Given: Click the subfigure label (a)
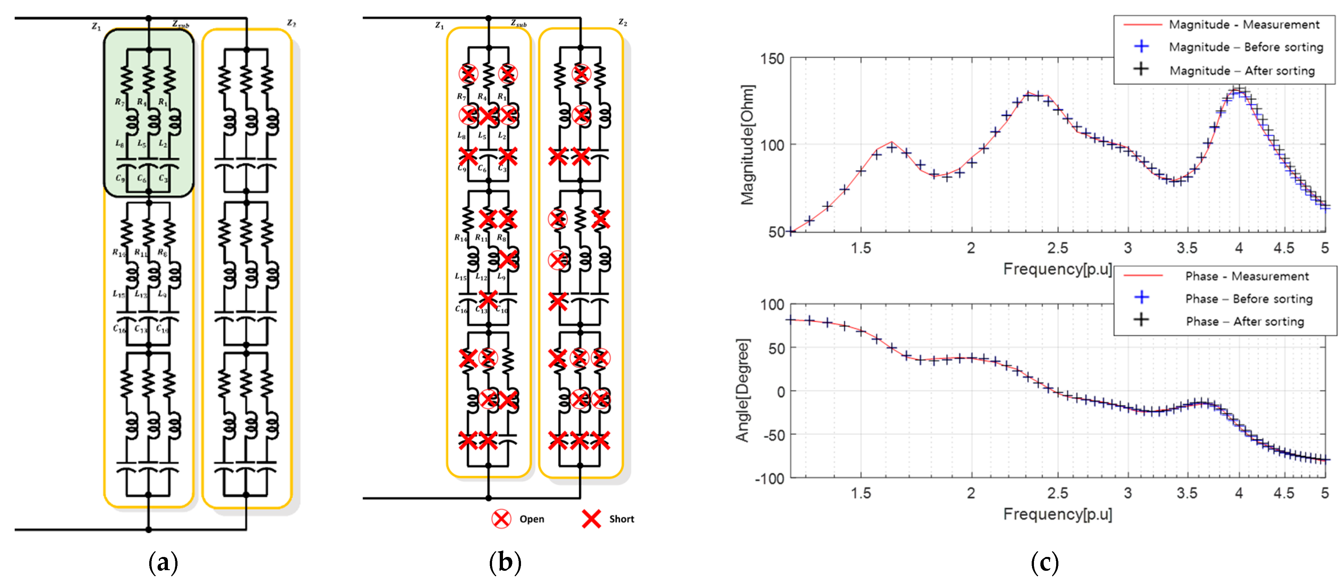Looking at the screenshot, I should (x=163, y=563).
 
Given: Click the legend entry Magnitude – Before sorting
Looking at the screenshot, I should (x=1246, y=47).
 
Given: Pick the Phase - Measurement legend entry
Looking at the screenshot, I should (x=1247, y=276).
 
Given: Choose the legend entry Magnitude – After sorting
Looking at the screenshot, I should (x=1242, y=70).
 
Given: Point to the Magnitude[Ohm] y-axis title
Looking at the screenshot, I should (x=748, y=145).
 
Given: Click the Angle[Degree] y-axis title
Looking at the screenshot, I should (x=742, y=390).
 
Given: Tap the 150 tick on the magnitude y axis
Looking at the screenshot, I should (x=772, y=59).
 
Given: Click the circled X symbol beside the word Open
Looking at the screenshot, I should (x=501, y=519).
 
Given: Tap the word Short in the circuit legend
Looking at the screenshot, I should (x=621, y=519).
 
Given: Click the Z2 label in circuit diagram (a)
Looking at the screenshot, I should (x=291, y=23).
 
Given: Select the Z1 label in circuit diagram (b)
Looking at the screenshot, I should (x=440, y=25).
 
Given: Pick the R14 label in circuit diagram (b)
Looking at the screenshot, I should (x=460, y=238).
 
